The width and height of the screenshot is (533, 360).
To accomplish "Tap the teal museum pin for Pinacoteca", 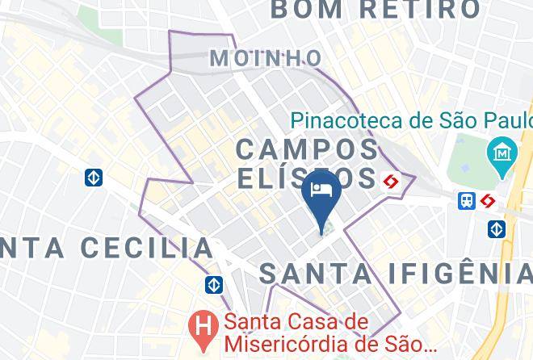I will (503, 152).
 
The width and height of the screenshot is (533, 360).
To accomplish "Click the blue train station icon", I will (467, 201).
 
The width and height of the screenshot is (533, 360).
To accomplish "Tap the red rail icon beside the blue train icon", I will (487, 201).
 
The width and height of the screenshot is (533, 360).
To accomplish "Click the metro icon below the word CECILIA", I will (214, 284).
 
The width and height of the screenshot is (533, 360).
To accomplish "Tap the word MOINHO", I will (266, 58).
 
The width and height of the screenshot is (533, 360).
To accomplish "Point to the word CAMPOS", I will (308, 149).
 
